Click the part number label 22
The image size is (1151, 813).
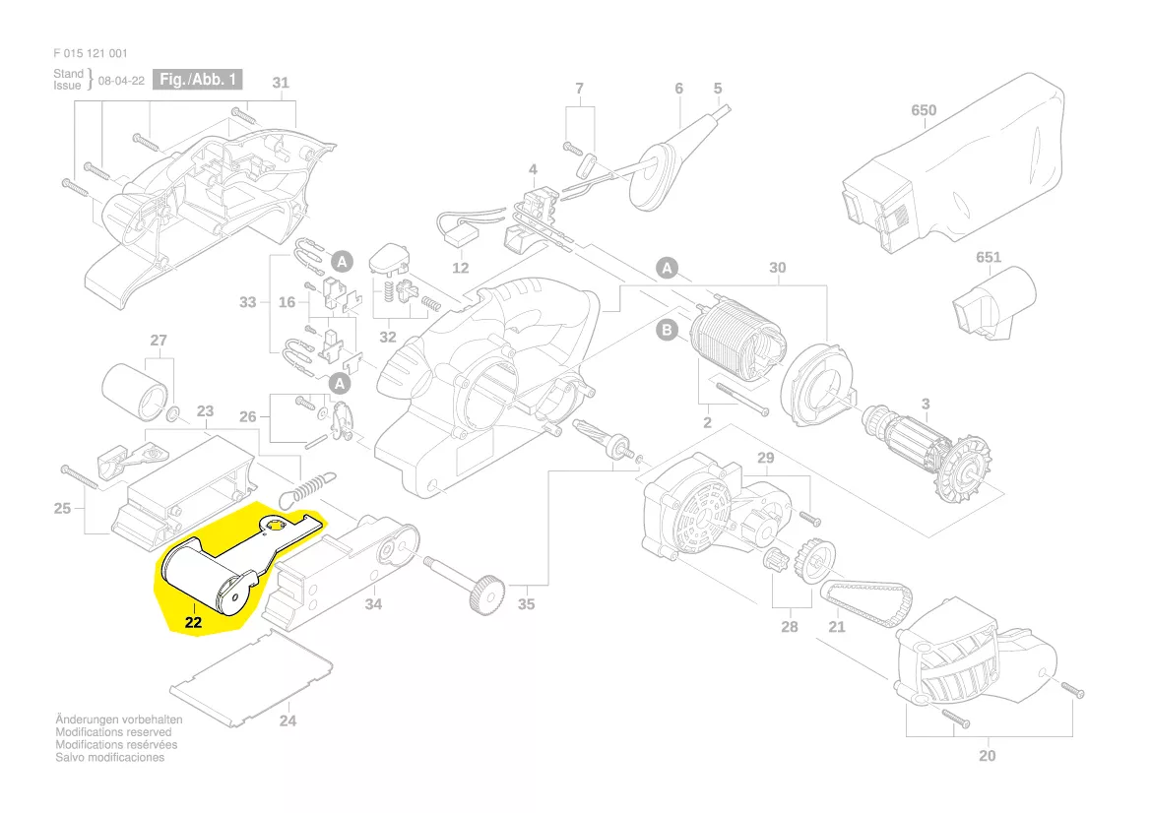point(193,622)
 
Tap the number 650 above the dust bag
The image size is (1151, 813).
point(924,110)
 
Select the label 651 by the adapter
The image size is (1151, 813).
point(988,258)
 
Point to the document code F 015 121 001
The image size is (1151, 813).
point(91,53)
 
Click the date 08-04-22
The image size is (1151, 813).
point(122,81)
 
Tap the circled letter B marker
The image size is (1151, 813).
point(667,331)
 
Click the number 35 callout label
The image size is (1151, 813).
point(527,603)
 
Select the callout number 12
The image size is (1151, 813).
point(461,268)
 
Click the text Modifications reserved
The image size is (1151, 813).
point(113,732)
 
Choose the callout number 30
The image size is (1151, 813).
point(778,268)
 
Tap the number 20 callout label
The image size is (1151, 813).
point(988,756)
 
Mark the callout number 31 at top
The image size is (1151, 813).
point(281,83)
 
